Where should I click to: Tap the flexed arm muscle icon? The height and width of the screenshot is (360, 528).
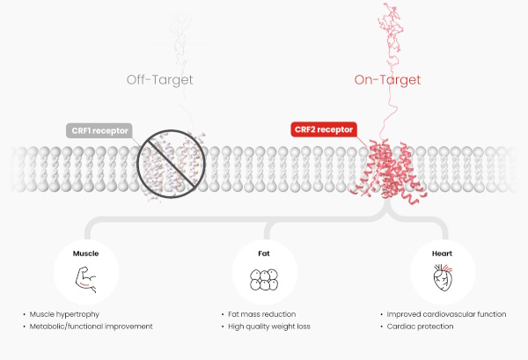(86, 281)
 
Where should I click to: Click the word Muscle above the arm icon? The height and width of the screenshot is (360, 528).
(86, 253)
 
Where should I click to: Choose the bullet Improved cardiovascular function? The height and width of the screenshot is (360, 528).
(446, 314)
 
